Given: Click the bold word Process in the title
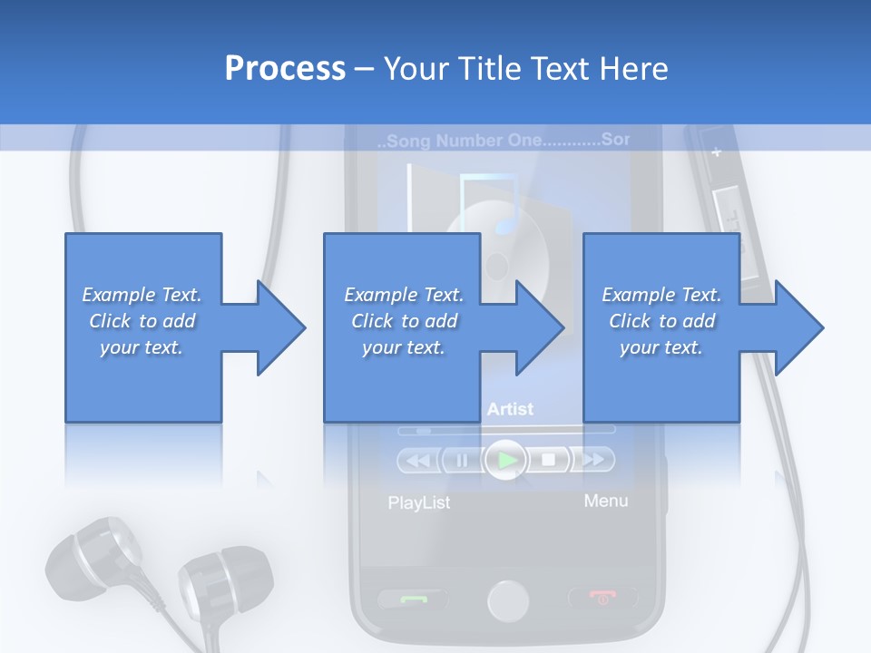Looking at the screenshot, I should tap(285, 68).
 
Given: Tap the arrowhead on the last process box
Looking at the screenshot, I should tap(795, 327).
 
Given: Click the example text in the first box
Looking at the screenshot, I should tap(142, 321).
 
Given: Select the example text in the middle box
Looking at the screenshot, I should tap(404, 321).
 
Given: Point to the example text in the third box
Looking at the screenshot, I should tap(661, 321).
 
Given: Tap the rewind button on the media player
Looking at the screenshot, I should tap(417, 461).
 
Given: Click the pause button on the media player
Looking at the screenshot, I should tap(462, 461).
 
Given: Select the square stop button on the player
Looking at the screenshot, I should tap(549, 460).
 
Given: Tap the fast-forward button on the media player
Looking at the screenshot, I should tap(592, 460).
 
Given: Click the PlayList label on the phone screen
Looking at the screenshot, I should tap(418, 502).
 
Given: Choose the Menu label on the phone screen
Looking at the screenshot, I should tap(605, 501).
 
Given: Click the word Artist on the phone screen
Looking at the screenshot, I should tap(510, 410).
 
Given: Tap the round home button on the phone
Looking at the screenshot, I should tap(508, 600).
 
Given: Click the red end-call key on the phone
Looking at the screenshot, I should tap(602, 598).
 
